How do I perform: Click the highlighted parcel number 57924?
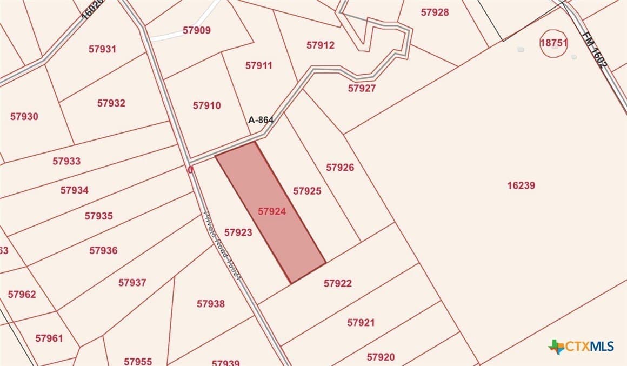click(x=271, y=212)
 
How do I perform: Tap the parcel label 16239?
click(x=521, y=185)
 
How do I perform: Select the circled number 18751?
click(x=554, y=43)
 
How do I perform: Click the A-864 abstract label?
click(x=261, y=120)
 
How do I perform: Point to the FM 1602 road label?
click(x=596, y=50)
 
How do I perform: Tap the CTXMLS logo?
click(x=581, y=346)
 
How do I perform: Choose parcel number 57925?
click(x=307, y=191)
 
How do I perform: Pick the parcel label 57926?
click(x=340, y=168)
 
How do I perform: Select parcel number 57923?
click(x=238, y=232)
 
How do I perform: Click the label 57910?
click(x=206, y=105)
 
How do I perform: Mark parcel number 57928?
click(x=435, y=12)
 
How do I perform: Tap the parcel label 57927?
click(x=362, y=88)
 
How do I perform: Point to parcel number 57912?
click(x=321, y=45)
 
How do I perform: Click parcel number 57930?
click(x=24, y=116)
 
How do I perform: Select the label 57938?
click(x=210, y=304)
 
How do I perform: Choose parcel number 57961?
click(x=49, y=338)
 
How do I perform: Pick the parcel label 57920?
click(x=381, y=357)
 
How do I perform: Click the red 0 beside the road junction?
click(x=190, y=170)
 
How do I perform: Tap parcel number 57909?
click(x=196, y=30)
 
